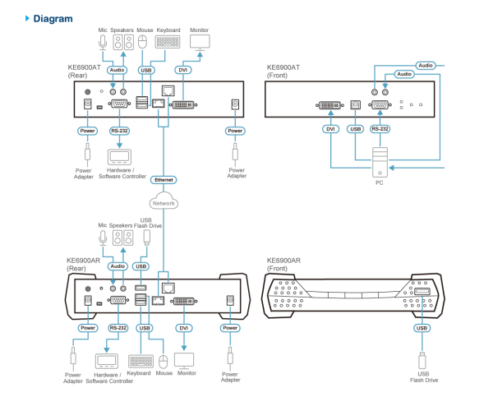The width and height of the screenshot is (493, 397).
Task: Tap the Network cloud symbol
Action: click(164, 202)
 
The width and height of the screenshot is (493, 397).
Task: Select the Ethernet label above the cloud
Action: click(164, 179)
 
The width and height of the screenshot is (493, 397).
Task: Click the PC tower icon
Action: click(380, 162)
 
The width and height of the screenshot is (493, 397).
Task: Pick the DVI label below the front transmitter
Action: click(331, 129)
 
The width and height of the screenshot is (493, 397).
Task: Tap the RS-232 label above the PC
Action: click(379, 129)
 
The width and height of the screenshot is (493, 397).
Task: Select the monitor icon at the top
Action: click(200, 42)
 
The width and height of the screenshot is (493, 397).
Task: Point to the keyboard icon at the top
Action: click(168, 42)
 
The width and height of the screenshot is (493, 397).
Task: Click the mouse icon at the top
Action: click(142, 43)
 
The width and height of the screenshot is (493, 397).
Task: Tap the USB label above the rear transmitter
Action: click(146, 71)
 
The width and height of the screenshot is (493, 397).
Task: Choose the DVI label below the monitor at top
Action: click(183, 71)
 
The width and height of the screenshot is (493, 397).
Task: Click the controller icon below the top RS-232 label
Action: click(119, 156)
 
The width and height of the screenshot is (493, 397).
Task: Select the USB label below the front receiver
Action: click(422, 328)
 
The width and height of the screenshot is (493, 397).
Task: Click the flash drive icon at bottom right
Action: click(422, 361)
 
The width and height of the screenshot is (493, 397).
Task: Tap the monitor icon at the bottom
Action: click(184, 361)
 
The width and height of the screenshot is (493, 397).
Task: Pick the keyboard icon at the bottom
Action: click(141, 361)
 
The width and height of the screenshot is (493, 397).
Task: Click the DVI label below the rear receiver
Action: click(184, 328)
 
